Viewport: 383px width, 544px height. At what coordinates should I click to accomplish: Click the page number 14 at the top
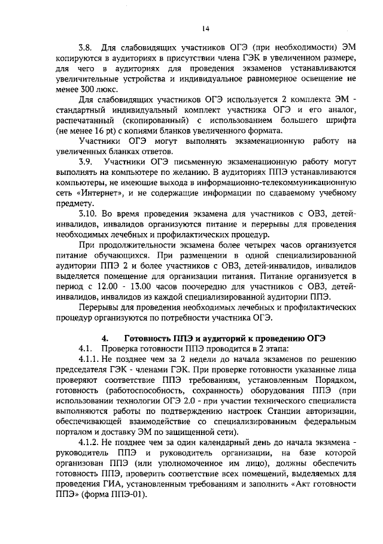tap(205, 28)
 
